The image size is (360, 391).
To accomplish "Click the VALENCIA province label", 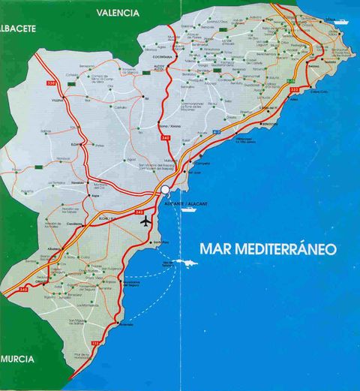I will coord(118,13).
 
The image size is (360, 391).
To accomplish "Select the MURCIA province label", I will coord(17,359).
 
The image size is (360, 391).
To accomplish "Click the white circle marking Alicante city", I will coord(164,192).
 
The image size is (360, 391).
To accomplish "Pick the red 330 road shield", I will coord(51,82).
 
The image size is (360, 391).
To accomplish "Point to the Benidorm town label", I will coord(269,124).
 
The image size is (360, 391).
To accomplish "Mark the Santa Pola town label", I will coord(157,244).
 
